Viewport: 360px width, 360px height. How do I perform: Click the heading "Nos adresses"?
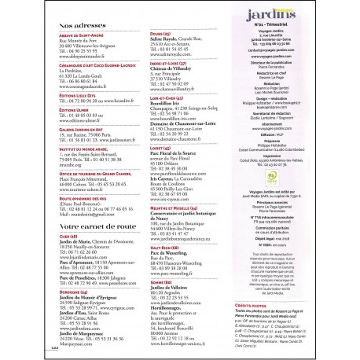(81, 25)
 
